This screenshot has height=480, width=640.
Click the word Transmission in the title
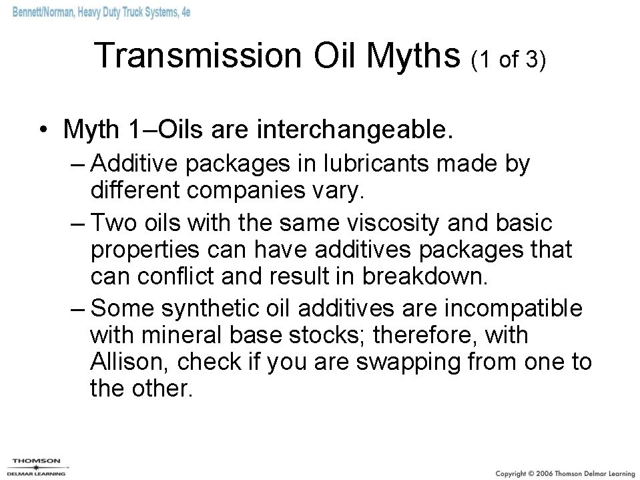(x=198, y=56)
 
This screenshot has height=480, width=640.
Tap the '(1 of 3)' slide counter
(x=508, y=60)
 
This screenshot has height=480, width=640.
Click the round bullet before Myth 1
(x=42, y=130)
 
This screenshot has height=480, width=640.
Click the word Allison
(x=131, y=362)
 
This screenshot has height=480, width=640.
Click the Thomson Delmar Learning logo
(x=34, y=467)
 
